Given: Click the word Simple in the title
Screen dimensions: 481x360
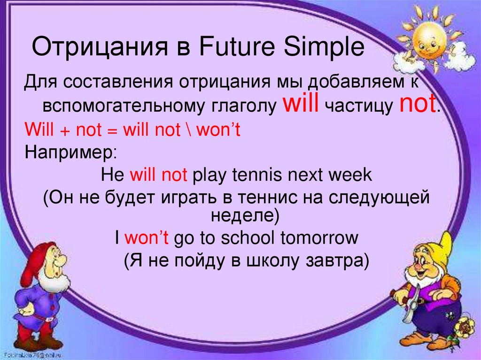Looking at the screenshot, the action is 324,47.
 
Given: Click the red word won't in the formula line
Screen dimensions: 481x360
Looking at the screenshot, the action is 218,130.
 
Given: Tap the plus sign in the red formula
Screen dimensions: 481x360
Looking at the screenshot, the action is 64,131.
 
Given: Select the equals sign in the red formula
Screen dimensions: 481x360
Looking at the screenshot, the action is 112,131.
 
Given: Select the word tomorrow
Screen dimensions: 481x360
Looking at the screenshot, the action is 319,238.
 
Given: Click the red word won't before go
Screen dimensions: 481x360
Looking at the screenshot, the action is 147,238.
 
